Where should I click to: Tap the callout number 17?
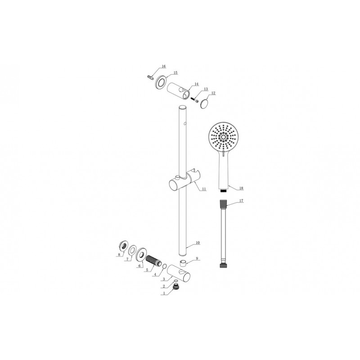(x=241, y=201)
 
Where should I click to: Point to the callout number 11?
(x=204, y=189)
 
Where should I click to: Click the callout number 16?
(x=163, y=66)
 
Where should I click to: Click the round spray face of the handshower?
(x=223, y=137)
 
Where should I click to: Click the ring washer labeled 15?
(x=160, y=82)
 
